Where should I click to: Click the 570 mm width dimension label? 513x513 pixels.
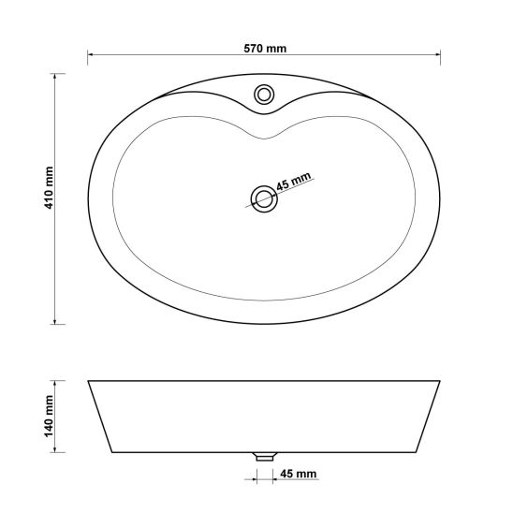point(265,49)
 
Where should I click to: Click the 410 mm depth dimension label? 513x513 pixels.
point(49,187)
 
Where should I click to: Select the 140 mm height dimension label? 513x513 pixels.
point(49,416)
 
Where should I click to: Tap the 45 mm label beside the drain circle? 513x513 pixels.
point(293,182)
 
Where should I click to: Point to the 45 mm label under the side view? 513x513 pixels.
point(299,474)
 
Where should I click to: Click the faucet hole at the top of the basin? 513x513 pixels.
point(264,95)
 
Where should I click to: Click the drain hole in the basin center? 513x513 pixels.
point(264,198)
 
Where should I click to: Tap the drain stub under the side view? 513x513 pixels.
point(264,457)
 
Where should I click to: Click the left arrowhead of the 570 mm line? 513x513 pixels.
point(90,54)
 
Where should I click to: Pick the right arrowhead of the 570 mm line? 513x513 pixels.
point(437,54)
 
